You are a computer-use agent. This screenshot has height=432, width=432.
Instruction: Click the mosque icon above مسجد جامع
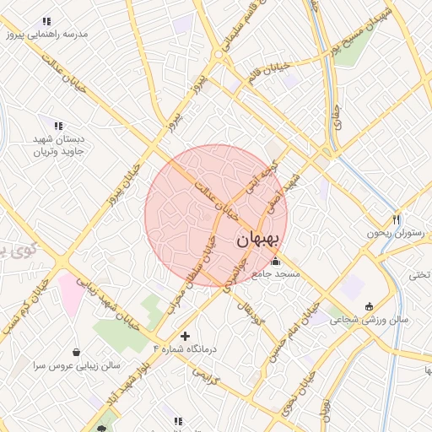click(x=275, y=262)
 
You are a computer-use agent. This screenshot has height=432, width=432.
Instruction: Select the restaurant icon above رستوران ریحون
click(x=397, y=219)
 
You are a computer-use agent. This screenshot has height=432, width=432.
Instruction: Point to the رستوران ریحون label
click(x=391, y=233)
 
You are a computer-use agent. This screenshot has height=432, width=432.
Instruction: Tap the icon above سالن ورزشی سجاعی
click(x=369, y=306)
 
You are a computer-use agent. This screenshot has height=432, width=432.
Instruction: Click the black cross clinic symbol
click(x=185, y=336)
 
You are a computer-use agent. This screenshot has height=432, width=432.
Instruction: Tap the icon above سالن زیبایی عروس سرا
click(x=78, y=352)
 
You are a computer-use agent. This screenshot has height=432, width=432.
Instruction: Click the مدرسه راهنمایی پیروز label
click(x=46, y=35)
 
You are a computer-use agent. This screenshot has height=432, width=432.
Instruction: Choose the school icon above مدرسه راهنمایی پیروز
click(x=46, y=21)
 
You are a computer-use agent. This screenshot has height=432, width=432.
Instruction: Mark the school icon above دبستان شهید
click(x=58, y=126)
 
